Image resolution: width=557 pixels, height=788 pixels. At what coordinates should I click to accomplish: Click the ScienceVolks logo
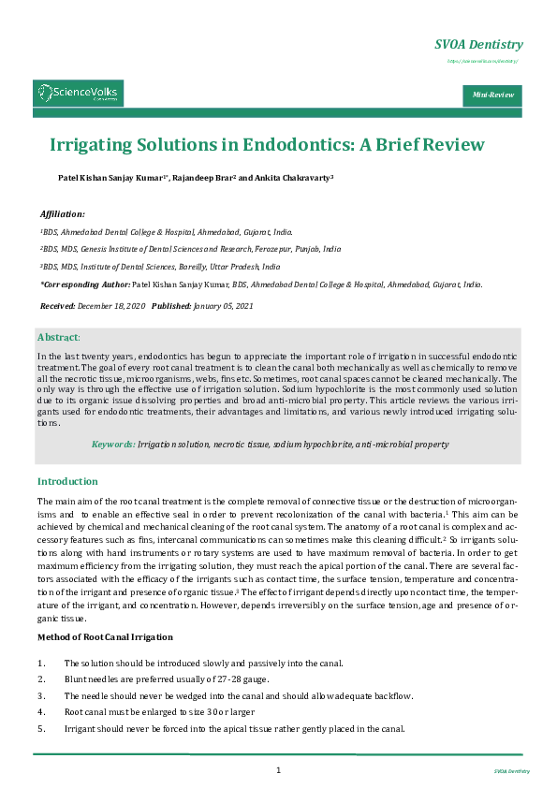(79, 93)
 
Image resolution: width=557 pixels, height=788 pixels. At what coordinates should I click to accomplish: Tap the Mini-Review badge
(491, 95)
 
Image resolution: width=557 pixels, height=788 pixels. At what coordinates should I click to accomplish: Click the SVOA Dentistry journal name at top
(478, 45)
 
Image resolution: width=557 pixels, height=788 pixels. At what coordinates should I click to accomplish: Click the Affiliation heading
(63, 214)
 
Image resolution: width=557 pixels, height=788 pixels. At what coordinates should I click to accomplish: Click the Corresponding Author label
(85, 284)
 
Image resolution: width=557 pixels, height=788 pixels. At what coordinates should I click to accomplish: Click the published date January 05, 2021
(223, 307)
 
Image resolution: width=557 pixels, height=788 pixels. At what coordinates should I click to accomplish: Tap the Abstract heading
(58, 337)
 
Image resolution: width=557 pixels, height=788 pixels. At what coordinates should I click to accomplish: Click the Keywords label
(112, 445)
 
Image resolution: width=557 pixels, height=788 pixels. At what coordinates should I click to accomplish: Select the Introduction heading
(67, 481)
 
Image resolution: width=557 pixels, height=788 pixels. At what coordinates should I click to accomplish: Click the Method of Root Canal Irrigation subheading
(105, 636)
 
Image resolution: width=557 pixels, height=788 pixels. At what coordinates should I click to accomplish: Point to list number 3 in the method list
(40, 695)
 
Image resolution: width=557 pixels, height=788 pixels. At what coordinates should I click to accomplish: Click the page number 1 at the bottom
(278, 769)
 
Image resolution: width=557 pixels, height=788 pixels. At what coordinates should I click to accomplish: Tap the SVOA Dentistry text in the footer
(512, 771)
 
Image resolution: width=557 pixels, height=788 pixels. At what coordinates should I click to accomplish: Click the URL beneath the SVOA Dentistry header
(482, 61)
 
